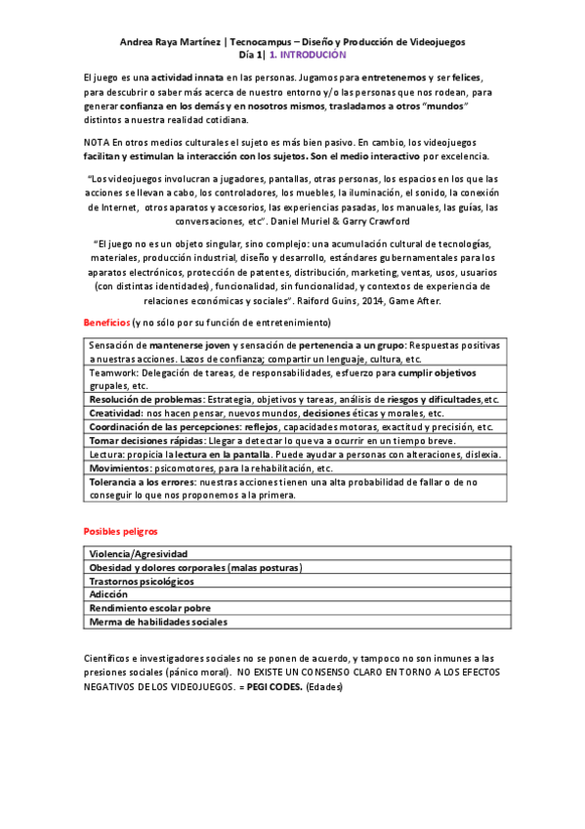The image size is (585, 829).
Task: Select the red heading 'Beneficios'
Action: [105, 323]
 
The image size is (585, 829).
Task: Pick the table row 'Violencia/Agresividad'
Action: [138, 553]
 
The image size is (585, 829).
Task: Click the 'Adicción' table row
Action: [108, 593]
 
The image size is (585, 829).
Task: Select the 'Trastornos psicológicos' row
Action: [142, 580]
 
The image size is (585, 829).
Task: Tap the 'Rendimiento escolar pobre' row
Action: [149, 607]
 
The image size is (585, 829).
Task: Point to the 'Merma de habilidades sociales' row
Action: [158, 621]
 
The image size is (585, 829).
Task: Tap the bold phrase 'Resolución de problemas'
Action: [146, 400]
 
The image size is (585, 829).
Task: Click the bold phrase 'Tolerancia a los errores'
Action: [146, 482]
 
